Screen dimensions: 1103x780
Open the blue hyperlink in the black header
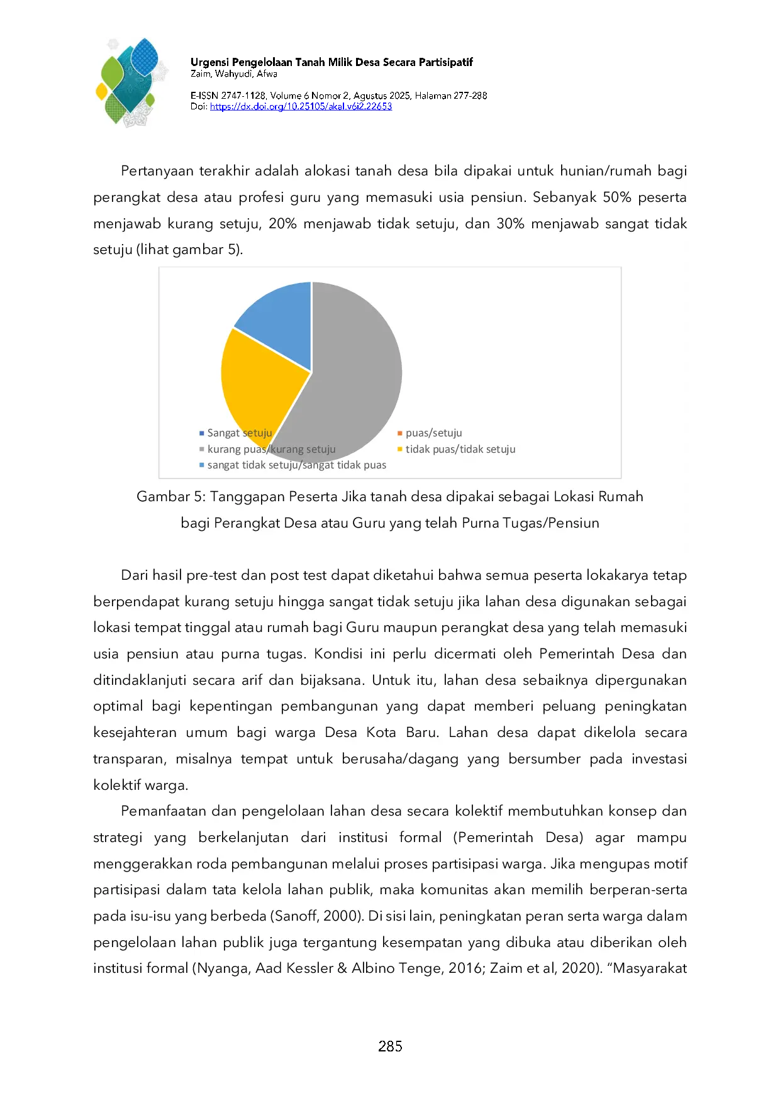[x=300, y=106]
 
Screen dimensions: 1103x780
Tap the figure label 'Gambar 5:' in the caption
[x=170, y=497]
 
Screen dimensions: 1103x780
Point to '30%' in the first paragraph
[x=510, y=224]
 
